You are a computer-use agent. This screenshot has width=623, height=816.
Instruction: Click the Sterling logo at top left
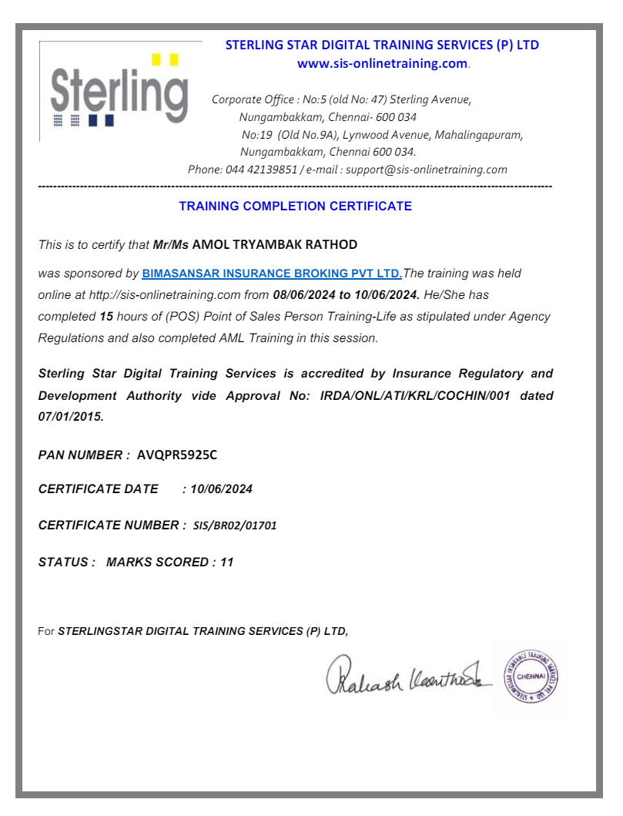tap(119, 91)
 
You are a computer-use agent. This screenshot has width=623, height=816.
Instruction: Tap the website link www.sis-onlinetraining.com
tap(382, 63)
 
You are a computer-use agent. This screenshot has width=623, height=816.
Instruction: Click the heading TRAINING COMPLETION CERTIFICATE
tap(295, 207)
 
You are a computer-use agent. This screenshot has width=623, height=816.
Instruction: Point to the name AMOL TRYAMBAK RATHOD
tap(274, 245)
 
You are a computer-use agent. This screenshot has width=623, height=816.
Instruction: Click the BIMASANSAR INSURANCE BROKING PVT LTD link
tap(272, 274)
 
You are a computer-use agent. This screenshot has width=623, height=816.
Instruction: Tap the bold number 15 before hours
tap(106, 317)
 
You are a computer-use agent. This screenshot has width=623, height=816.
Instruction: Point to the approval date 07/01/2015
tap(69, 417)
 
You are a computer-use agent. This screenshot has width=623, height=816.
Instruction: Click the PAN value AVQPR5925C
tap(176, 455)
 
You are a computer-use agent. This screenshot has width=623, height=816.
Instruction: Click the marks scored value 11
tap(226, 562)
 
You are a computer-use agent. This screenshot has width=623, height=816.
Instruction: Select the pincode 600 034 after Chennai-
tap(396, 118)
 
